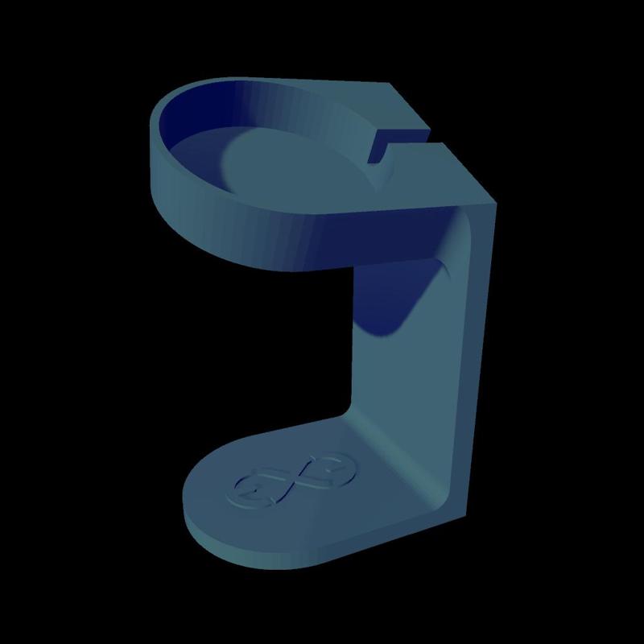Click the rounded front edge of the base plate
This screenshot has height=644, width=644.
242,547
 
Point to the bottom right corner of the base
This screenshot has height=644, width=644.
465,515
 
